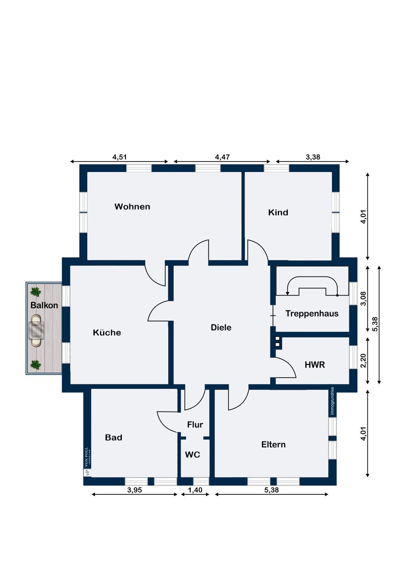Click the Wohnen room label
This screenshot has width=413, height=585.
132,207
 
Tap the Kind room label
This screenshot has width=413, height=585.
278,212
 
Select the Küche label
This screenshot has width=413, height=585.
107,332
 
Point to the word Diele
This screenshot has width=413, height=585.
221,328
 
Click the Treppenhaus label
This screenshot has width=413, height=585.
312,314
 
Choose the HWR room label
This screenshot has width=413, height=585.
315,365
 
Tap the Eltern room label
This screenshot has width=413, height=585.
274,445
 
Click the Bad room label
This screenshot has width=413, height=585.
113,438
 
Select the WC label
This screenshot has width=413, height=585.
192,455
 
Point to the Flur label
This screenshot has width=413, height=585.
195,425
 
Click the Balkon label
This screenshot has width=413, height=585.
44,305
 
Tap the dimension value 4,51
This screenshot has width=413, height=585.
119,157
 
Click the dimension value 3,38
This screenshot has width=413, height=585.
313,157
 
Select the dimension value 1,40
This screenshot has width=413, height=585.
195,490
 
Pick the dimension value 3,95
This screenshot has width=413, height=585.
135,490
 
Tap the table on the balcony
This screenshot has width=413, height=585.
36,330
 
